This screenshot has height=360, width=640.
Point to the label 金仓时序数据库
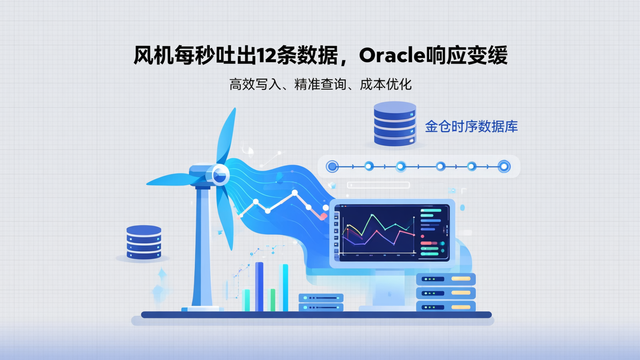pos(471,127)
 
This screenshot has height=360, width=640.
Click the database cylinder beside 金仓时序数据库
pos(395,124)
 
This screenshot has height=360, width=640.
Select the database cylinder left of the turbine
pos(144,242)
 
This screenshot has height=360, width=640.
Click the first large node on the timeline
pos(332,167)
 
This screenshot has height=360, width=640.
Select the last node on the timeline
pos(504,167)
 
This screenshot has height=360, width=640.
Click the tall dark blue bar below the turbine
pos(259,287)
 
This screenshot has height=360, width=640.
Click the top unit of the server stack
pos(446,279)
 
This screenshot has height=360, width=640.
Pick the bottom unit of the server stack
pos(446,307)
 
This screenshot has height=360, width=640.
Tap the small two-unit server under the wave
pos(321,302)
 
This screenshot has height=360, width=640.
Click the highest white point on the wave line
pos(294,193)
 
